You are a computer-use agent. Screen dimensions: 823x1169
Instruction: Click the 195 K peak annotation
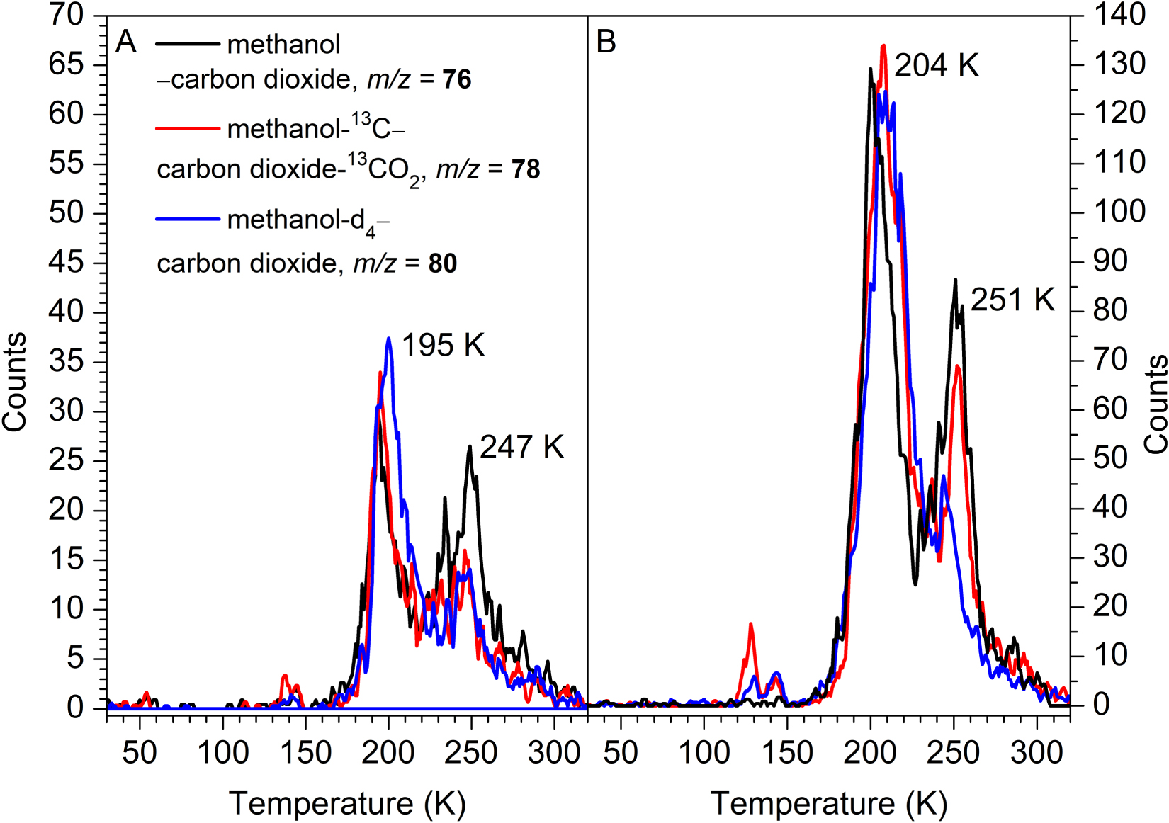443,346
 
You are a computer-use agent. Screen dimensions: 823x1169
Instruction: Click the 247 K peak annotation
521,447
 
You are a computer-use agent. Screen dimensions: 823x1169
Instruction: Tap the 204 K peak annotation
936,66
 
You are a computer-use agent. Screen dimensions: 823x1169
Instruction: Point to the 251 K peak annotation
1012,300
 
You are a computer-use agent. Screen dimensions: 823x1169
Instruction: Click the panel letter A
126,42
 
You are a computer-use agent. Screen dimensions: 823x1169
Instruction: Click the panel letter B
606,42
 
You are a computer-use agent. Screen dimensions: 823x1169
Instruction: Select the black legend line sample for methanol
188,44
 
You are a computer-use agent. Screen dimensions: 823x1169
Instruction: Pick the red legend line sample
188,129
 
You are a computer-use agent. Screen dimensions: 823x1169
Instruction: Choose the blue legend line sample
188,219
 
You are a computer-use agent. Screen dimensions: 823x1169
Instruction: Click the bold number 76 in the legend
457,79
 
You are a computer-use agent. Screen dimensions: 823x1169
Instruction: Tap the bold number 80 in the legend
442,263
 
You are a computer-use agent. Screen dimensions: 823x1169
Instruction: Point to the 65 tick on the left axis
66,64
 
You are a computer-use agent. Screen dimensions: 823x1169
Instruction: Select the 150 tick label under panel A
305,752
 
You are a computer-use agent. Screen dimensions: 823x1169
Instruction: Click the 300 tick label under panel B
1037,752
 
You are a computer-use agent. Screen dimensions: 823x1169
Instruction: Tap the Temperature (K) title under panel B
828,804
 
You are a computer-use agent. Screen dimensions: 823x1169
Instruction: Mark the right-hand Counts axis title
1156,404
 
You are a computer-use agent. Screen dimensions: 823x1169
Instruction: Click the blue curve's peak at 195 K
389,339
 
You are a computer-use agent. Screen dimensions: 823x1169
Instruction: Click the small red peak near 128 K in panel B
750,625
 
